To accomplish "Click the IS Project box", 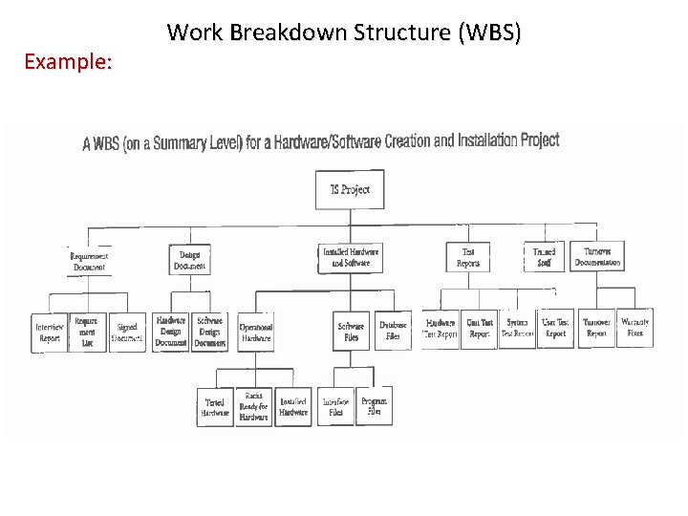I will tap(350, 189).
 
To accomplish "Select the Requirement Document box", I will tap(90, 261).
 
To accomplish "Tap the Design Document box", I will tap(189, 259).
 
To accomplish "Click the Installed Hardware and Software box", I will tap(350, 257).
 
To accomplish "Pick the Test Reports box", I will tap(468, 257).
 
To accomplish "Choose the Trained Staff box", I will tap(544, 256).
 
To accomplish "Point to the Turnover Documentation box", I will tap(598, 256).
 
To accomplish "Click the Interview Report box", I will tap(50, 333).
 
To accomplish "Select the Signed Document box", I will tap(127, 332).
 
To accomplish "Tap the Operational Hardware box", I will tap(255, 332).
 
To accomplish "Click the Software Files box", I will tap(351, 331).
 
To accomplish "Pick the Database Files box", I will tap(393, 331).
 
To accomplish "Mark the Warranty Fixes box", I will tap(635, 328).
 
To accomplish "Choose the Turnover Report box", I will tap(596, 328).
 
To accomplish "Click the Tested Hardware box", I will tap(215, 407).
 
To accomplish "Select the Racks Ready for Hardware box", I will tap(253, 406).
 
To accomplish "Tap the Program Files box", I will tap(374, 406).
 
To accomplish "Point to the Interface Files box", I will tap(335, 407).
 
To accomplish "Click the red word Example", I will tap(68, 63).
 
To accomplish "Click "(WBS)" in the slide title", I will tap(489, 32).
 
